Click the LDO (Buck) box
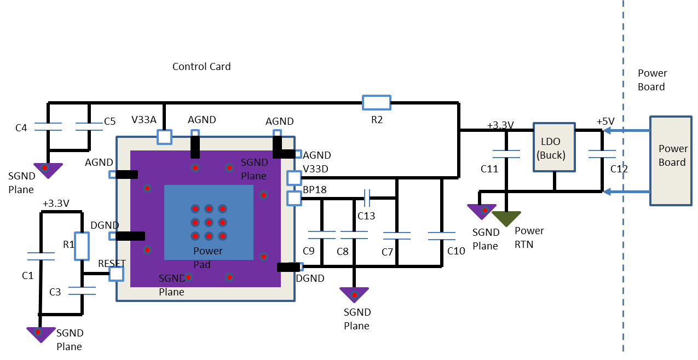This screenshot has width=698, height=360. click(x=554, y=148)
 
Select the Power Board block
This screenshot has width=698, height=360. click(x=671, y=161)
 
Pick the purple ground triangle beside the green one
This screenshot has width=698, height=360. click(x=482, y=211)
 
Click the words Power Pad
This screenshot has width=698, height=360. click(x=207, y=257)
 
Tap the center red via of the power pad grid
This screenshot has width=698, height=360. click(x=209, y=223)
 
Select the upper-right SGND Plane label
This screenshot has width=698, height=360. click(x=254, y=169)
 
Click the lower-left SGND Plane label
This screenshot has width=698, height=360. click(x=172, y=284)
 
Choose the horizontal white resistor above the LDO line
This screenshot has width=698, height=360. click(x=377, y=102)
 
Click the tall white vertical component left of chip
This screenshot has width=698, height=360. click(x=82, y=246)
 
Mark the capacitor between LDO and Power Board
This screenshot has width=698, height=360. click(x=602, y=154)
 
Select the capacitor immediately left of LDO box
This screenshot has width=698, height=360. click(x=506, y=154)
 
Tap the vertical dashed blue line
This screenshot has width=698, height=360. click(x=623, y=274)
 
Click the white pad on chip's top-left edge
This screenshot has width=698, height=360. click(x=164, y=137)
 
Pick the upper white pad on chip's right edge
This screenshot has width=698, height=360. click(x=294, y=178)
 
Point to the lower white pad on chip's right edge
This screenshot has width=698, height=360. click(x=294, y=198)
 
